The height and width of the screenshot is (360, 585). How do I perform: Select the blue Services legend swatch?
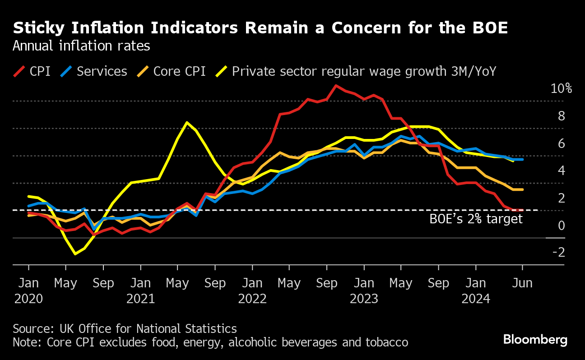[66, 71]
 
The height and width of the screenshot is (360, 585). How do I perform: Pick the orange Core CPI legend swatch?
[143, 71]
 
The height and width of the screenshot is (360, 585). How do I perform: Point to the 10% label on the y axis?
[561, 88]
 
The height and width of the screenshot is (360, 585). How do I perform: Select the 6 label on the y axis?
[562, 143]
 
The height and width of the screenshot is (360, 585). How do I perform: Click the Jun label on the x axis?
[522, 283]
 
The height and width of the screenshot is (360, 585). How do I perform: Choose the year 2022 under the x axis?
[252, 299]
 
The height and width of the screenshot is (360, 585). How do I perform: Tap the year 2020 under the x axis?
[28, 299]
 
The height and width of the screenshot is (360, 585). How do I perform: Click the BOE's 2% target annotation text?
[476, 219]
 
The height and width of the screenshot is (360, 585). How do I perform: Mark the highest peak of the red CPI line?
[336, 85]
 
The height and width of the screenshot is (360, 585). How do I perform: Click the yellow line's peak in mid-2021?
[187, 122]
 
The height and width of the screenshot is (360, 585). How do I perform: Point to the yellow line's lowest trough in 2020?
[75, 254]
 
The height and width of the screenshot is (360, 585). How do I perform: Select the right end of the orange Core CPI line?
[523, 189]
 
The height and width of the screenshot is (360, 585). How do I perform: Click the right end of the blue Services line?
[523, 159]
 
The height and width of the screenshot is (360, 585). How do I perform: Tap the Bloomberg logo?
[535, 340]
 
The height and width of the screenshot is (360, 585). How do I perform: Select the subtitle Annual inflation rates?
[81, 46]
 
